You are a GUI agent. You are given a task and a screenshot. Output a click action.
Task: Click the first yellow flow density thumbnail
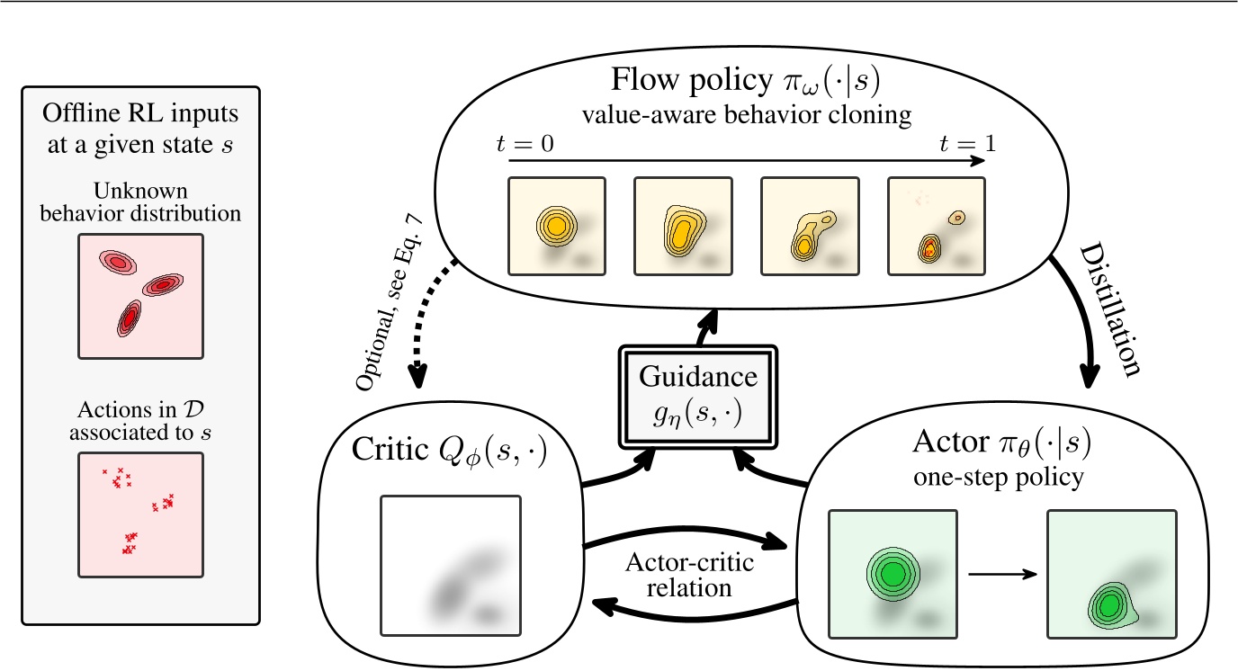(556, 225)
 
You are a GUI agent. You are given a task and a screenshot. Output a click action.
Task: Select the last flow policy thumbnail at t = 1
(936, 225)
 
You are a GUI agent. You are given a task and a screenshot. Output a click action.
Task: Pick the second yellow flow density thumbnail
(683, 225)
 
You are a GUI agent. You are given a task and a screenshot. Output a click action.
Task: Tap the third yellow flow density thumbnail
(810, 225)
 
